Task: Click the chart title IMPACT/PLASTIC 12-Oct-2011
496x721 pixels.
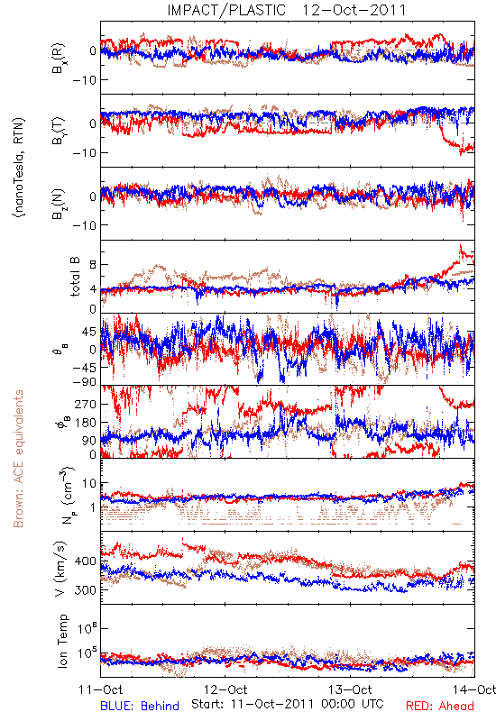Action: pyautogui.click(x=286, y=10)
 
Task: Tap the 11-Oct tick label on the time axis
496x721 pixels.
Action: pyautogui.click(x=101, y=689)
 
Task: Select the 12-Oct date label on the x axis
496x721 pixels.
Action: pyautogui.click(x=225, y=689)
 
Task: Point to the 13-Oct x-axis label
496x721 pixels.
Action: pyautogui.click(x=350, y=689)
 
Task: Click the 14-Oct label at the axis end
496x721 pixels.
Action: pyautogui.click(x=474, y=689)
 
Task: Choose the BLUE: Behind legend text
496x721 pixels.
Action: pyautogui.click(x=140, y=706)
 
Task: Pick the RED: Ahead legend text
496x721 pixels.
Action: pyautogui.click(x=439, y=706)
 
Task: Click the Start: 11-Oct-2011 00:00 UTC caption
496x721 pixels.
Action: pyautogui.click(x=288, y=704)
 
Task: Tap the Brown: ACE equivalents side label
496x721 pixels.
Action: pyautogui.click(x=18, y=459)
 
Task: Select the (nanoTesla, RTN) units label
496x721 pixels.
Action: pyautogui.click(x=19, y=167)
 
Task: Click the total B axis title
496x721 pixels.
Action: pyautogui.click(x=75, y=277)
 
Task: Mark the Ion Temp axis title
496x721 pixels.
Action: pyautogui.click(x=62, y=641)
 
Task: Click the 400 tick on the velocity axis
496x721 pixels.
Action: pyautogui.click(x=86, y=561)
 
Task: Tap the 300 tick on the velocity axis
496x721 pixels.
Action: pyautogui.click(x=86, y=590)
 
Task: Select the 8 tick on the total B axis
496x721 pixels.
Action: pyautogui.click(x=93, y=265)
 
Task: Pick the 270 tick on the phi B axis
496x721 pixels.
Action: pyautogui.click(x=86, y=404)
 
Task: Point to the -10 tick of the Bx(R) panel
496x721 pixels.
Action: pyautogui.click(x=84, y=80)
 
